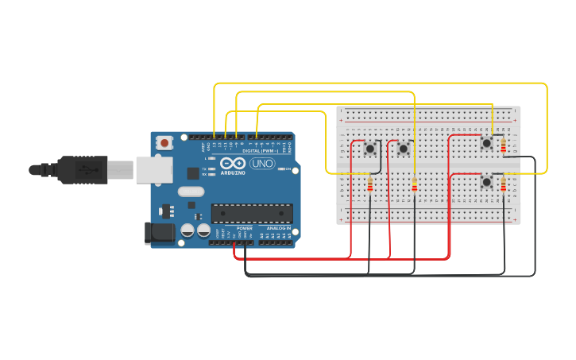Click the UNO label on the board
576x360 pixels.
coord(261,164)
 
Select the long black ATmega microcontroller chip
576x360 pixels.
coord(251,213)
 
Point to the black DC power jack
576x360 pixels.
coord(159,232)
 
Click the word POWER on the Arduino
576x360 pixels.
coord(244,228)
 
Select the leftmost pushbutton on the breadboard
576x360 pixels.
coord(370,149)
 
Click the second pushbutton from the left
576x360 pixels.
coord(403,149)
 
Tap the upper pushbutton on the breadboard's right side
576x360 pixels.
coord(486,143)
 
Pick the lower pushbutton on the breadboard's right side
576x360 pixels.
coord(486,182)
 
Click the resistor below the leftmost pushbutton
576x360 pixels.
coord(369,186)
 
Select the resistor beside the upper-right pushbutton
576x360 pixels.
coord(503,145)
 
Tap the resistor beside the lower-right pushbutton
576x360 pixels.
coord(503,185)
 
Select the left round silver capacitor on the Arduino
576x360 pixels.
coord(188,230)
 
